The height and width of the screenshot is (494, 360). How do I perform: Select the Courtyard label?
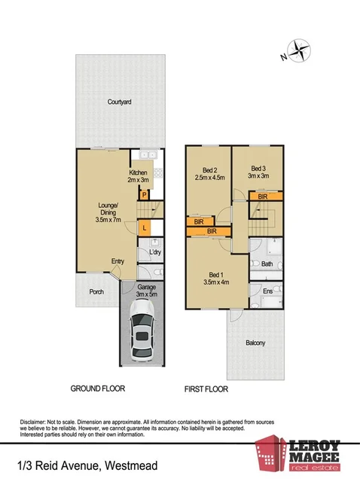tap(119, 101)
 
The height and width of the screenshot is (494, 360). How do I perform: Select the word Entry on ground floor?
tap(117, 261)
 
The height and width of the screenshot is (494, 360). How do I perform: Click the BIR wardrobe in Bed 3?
tap(263, 197)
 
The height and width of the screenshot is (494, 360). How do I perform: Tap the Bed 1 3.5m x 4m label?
tap(215, 277)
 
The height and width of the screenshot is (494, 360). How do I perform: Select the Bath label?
tap(266, 264)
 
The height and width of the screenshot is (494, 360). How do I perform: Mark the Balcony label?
tap(255, 343)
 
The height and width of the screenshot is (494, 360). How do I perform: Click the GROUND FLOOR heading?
tap(98, 389)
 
